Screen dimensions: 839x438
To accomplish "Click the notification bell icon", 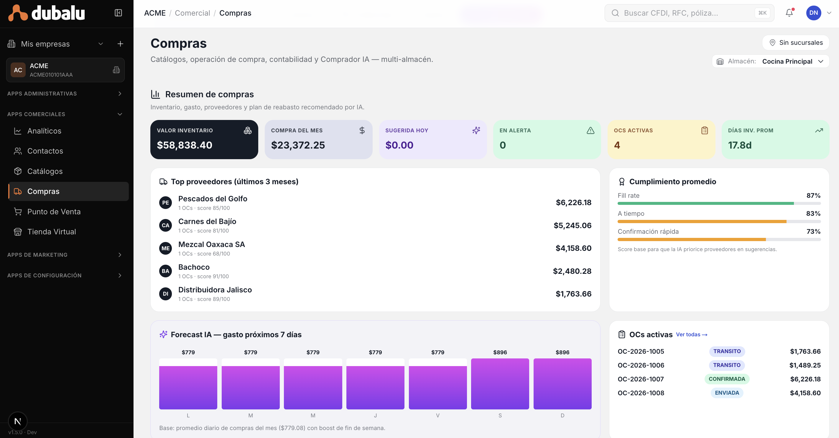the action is click(x=789, y=13).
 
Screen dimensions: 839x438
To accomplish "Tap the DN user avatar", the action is click(x=813, y=13).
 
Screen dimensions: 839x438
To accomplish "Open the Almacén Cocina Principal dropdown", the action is click(x=770, y=61).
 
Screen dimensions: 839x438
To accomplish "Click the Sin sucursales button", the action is click(x=796, y=43).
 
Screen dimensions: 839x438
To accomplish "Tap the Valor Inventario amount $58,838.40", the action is click(x=184, y=145).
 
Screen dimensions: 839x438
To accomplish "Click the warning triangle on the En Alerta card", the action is click(x=590, y=131).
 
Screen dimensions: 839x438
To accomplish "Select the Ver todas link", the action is click(x=692, y=335).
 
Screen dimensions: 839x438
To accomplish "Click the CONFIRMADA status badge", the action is click(x=727, y=379).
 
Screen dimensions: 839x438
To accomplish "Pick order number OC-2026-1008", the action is click(x=641, y=393).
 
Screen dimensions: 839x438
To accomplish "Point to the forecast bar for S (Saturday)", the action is click(x=500, y=383).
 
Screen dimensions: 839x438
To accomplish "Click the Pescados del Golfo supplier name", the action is click(x=213, y=199).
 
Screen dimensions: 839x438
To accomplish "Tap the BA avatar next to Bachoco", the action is click(x=165, y=271).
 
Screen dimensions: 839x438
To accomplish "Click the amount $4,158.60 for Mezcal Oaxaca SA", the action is click(x=573, y=248).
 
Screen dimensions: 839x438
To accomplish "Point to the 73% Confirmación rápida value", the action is click(x=813, y=232).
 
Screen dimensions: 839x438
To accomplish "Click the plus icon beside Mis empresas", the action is click(x=120, y=44).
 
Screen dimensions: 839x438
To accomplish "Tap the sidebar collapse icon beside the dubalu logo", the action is click(x=118, y=13).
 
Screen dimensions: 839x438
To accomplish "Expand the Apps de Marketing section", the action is click(x=65, y=255).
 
